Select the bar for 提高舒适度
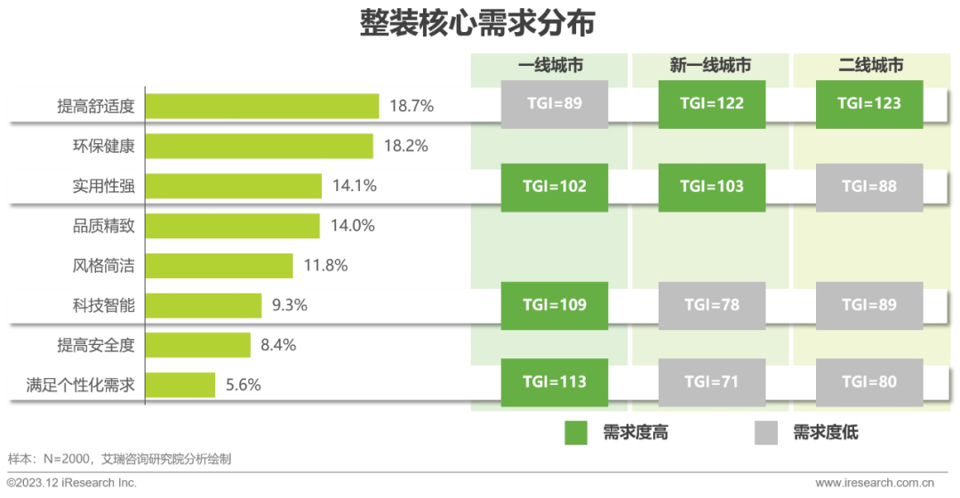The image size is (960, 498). [262, 106]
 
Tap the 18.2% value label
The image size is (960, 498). [405, 146]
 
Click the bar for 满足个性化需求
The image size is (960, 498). [180, 385]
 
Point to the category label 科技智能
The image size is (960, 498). [103, 305]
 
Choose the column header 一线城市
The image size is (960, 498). [551, 66]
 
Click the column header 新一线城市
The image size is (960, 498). [711, 66]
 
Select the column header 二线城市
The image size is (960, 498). [870, 66]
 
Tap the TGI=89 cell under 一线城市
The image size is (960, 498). [555, 103]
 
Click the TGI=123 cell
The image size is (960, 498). [869, 103]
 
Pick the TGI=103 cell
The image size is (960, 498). [711, 187]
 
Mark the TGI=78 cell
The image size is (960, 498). [711, 305]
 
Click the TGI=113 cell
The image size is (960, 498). [555, 382]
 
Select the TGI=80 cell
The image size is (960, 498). [869, 382]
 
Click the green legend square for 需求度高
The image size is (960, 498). [576, 433]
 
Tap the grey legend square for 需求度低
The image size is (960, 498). [766, 433]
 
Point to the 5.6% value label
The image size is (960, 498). [242, 385]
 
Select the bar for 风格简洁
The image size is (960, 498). [220, 265]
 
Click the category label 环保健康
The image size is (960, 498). [103, 146]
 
